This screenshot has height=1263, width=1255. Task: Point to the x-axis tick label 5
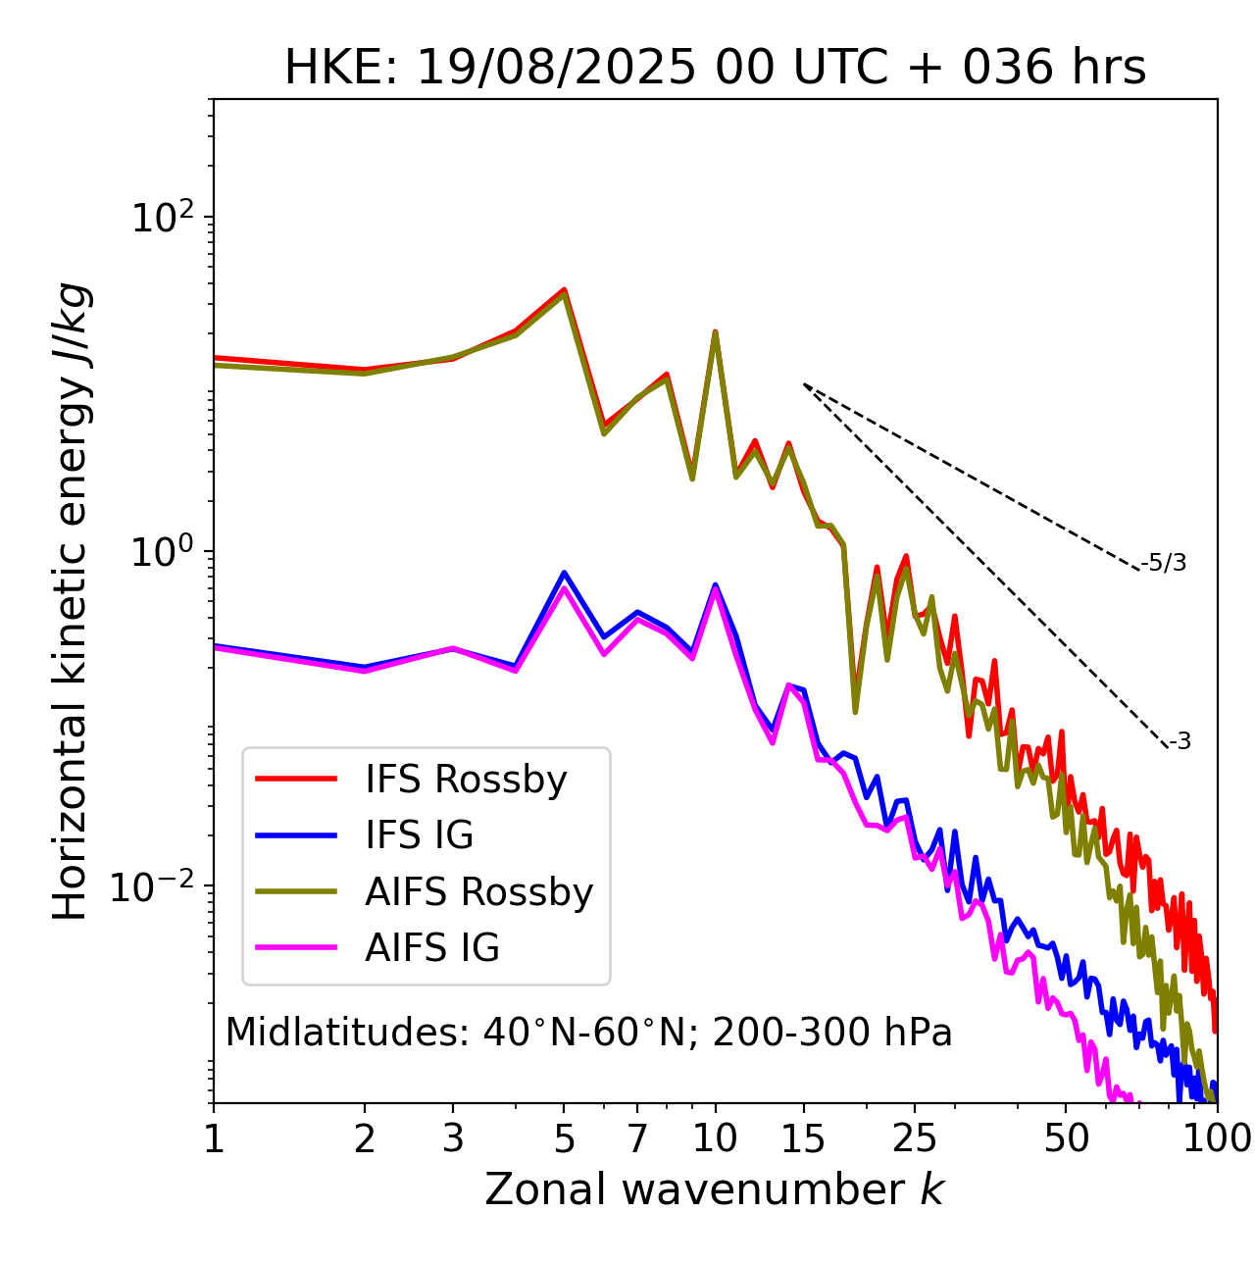[x=564, y=1138]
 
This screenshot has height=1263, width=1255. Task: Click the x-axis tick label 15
[x=803, y=1138]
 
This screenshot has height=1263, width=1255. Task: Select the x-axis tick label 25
[x=915, y=1138]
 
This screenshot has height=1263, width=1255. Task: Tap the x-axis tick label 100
[x=1216, y=1138]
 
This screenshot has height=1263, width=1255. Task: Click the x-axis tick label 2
[x=365, y=1138]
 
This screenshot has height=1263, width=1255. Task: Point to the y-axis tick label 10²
[x=162, y=217]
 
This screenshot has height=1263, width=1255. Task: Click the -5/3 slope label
[x=1164, y=563]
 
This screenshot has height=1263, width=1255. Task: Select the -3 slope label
[x=1180, y=741]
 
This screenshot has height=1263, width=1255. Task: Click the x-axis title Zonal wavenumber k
[x=714, y=1190]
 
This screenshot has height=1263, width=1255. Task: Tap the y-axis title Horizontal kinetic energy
[x=71, y=601]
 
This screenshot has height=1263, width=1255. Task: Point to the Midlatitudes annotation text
[x=588, y=1033]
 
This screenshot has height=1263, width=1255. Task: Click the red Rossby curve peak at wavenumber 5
[x=564, y=289]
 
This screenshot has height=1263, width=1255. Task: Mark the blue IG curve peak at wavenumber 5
[x=564, y=573]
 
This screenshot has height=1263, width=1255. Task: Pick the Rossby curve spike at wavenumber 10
[x=715, y=332]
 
